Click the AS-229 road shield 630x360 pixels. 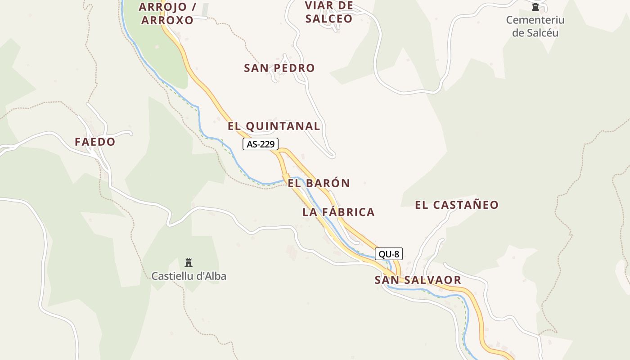point(261,144)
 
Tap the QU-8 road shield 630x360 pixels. point(388,254)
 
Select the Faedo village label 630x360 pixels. point(95,142)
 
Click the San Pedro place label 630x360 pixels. point(279,68)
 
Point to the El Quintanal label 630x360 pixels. point(274,126)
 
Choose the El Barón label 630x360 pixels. point(319,183)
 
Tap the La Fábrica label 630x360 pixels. point(338,212)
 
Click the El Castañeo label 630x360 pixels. point(456,205)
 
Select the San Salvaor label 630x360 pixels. point(418,280)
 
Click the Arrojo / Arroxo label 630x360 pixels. point(167,13)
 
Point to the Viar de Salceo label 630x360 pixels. point(329,12)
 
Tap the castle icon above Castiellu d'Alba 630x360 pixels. point(189,262)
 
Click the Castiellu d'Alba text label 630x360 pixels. point(189,276)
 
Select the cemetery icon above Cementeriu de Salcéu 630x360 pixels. point(535,7)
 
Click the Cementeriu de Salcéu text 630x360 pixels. point(535,26)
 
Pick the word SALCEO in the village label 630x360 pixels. point(329,19)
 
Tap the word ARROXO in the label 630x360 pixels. point(167,20)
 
